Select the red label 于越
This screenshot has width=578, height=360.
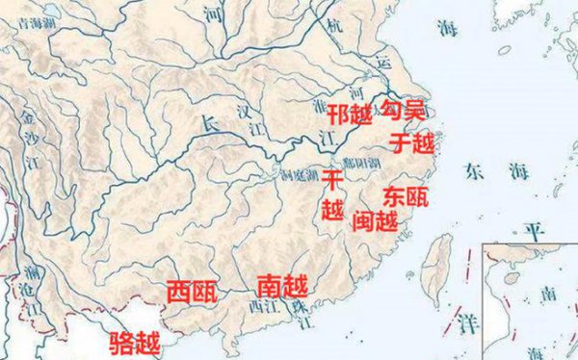pyautogui.click(x=412, y=143)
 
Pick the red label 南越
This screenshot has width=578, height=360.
pyautogui.click(x=281, y=286)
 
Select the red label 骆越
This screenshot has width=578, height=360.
pyautogui.click(x=134, y=341)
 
